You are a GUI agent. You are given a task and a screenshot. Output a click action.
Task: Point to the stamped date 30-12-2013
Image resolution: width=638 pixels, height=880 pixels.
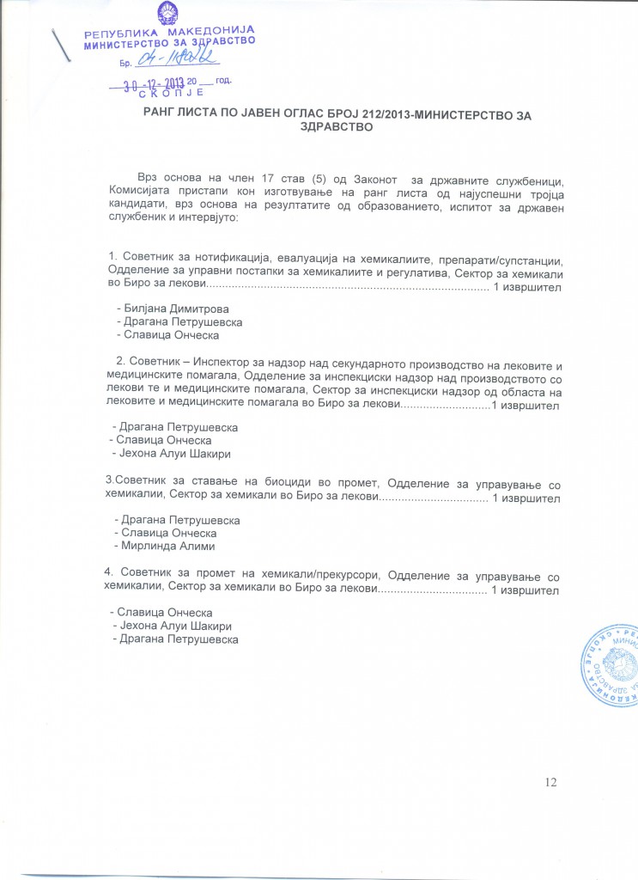(x=153, y=83)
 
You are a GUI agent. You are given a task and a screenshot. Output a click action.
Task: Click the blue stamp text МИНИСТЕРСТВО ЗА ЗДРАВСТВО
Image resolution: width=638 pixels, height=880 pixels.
(x=168, y=44)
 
